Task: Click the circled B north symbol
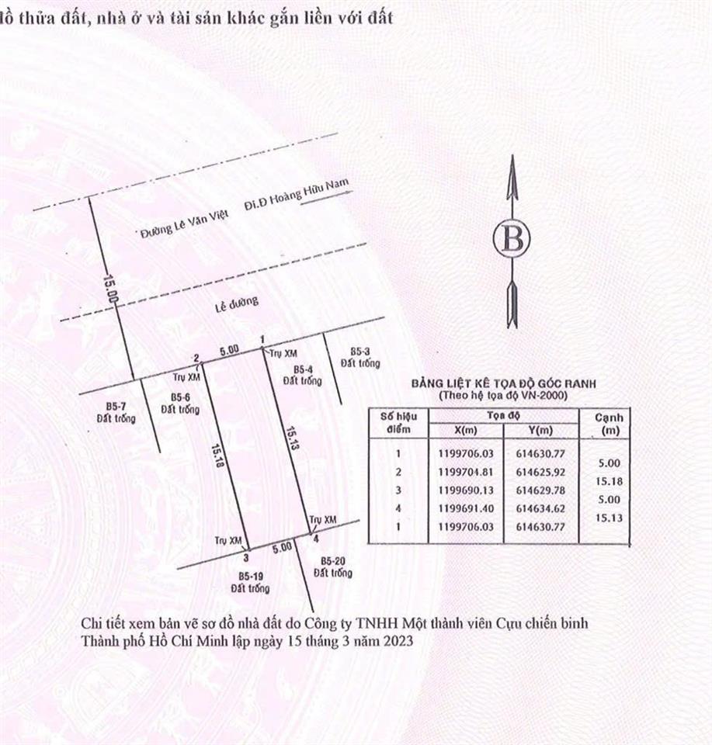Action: coord(512,238)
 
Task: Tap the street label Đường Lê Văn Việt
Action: coord(185,223)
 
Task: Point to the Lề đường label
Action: coord(237,304)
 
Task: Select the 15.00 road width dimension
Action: coord(110,289)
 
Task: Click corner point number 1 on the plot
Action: coord(262,348)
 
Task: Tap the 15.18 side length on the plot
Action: coord(218,456)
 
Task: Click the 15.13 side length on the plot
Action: coord(292,438)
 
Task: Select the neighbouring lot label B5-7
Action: coord(116,406)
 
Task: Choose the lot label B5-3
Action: coord(360,352)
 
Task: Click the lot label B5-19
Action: coord(251,577)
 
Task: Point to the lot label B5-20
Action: coord(333,561)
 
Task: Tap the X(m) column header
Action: coord(466,431)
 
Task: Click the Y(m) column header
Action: coord(541,431)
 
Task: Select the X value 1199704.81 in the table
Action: coord(466,473)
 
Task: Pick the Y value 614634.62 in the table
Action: coord(541,508)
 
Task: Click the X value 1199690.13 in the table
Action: coord(466,490)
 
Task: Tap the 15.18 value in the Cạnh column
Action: coord(609,481)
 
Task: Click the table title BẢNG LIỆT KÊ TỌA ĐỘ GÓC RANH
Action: coord(503,383)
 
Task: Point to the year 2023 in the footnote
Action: coord(398,642)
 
